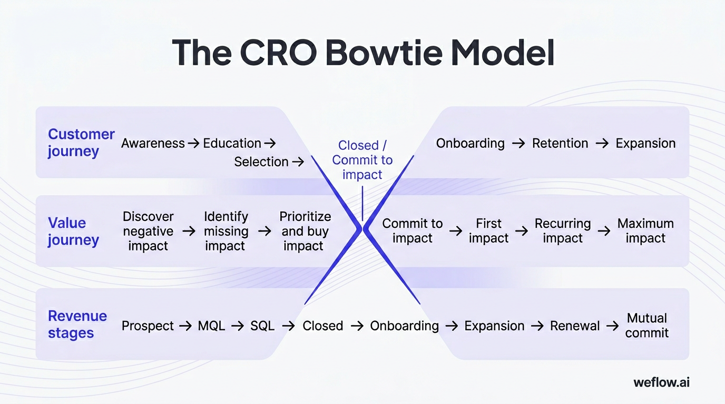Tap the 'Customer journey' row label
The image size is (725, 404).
click(x=81, y=143)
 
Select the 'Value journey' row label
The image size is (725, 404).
click(x=73, y=231)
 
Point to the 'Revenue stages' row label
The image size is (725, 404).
click(x=77, y=325)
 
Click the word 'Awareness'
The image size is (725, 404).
click(x=153, y=143)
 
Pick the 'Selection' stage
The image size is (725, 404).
click(x=261, y=162)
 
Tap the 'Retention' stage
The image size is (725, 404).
click(x=560, y=143)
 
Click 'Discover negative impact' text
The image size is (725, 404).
click(x=148, y=231)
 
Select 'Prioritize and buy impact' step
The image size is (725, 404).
click(x=305, y=231)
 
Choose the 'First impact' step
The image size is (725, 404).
click(x=488, y=231)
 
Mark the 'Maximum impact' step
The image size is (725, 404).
click(x=645, y=231)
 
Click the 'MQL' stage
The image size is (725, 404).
click(x=211, y=326)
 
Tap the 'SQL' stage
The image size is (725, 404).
click(x=262, y=326)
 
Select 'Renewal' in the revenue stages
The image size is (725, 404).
click(x=575, y=326)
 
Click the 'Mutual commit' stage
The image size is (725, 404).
click(x=647, y=326)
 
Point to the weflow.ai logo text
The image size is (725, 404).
click(x=661, y=382)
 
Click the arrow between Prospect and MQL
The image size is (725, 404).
click(x=185, y=326)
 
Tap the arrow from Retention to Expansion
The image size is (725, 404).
click(x=602, y=143)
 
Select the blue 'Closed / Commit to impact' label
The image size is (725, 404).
click(x=362, y=160)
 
